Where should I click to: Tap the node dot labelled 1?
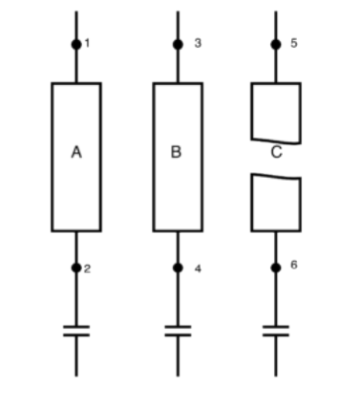76,44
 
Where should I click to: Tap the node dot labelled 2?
76,268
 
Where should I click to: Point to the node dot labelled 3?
178,44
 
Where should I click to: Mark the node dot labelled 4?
178,268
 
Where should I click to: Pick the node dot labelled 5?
276,44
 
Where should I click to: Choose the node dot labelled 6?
276,268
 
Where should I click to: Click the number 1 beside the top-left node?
87,44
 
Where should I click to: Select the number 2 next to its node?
87,268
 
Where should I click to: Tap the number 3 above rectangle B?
198,44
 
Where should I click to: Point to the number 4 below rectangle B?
198,268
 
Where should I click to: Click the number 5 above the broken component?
294,44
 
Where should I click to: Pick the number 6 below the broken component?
294,264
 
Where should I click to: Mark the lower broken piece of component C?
276,203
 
